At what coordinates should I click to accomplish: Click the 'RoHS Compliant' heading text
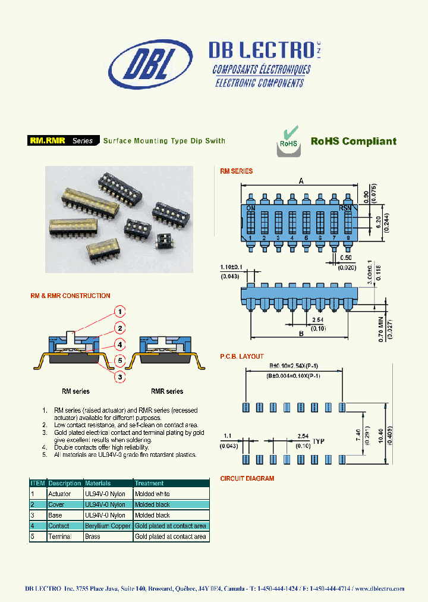pos(353,141)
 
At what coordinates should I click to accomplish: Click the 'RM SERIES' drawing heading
pos(236,171)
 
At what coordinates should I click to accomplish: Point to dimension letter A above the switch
pos(301,180)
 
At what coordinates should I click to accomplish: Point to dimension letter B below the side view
pos(301,334)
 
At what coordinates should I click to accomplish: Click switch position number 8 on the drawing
pos(348,238)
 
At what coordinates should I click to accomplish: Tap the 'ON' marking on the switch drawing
pos(250,208)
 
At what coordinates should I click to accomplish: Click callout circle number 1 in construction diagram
pos(119,312)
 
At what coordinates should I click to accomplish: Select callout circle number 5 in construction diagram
pos(119,360)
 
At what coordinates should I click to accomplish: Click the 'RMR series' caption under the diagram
pos(166,391)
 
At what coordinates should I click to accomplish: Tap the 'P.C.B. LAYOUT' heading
pos(242,357)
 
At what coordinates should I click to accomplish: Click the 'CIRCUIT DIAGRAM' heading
pos(247,478)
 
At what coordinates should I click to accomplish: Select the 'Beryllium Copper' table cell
pos(108,526)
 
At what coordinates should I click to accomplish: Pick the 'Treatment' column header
pos(149,483)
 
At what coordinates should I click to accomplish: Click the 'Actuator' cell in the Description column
pos(59,494)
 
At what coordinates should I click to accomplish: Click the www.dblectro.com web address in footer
pos(380,588)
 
